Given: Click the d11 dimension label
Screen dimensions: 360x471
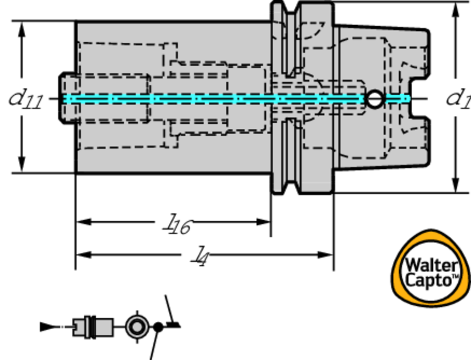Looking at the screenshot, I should pos(26,99).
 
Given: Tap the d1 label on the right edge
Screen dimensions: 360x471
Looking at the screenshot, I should pos(458,99).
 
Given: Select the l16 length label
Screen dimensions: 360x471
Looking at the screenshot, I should pos(178,225).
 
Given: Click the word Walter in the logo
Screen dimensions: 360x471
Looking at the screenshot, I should pos(431,266).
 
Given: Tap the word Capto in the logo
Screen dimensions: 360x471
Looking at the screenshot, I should pos(429,280).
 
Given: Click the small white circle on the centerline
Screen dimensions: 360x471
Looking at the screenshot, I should pos(375,99).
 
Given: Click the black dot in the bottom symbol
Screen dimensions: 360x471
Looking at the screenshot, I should pos(158,327).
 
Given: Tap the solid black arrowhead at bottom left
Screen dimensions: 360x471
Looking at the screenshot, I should pos(47,327).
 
